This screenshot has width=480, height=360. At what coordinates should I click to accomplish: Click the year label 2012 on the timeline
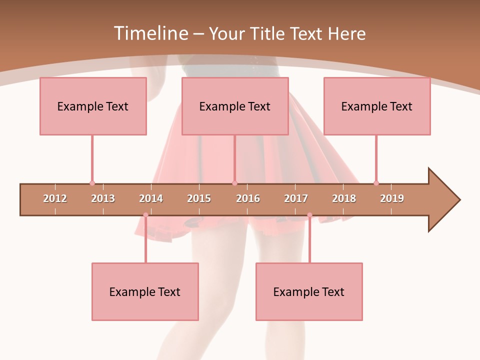pos(55,198)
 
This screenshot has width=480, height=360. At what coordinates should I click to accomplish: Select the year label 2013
pos(103,198)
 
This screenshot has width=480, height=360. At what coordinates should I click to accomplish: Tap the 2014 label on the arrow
pos(151,198)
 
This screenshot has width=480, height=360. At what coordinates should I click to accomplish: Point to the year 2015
pos(199,198)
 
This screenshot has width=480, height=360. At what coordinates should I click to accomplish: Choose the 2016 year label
pos(248,198)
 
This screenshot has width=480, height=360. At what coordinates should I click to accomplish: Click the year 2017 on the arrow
pos(296,198)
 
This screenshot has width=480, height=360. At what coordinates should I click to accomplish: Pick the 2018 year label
pos(344,198)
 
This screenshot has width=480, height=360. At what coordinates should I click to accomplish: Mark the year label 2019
pos(392,198)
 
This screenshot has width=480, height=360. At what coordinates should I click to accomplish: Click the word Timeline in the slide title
pos(150,33)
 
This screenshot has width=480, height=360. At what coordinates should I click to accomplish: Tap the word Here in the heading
pos(346,33)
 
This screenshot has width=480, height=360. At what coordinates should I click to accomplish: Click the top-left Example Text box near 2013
pos(93,106)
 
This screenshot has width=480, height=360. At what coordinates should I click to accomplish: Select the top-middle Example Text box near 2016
pos(235,106)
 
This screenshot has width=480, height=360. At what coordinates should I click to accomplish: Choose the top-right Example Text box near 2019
pos(377,106)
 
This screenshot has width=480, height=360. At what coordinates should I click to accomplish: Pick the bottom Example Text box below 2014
pos(145,292)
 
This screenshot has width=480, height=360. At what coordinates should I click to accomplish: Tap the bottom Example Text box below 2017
pos(309,292)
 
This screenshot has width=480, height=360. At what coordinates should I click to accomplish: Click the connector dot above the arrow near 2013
pos(92,183)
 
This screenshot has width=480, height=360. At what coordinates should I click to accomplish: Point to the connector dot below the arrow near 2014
pos(145,215)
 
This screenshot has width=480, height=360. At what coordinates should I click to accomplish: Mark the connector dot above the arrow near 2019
pos(376,183)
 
